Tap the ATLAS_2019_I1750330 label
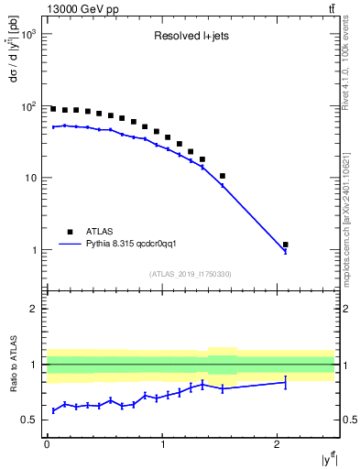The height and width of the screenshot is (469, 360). point(190,274)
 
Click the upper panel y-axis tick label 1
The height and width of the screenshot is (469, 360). point(37,250)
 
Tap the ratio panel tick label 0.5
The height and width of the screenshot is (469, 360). point(32,420)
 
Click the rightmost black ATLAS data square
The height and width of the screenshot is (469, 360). point(286,245)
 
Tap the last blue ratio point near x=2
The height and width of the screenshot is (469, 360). point(286,382)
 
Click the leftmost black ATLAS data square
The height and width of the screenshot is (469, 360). point(53,108)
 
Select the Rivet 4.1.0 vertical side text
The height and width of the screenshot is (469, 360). point(351,63)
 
